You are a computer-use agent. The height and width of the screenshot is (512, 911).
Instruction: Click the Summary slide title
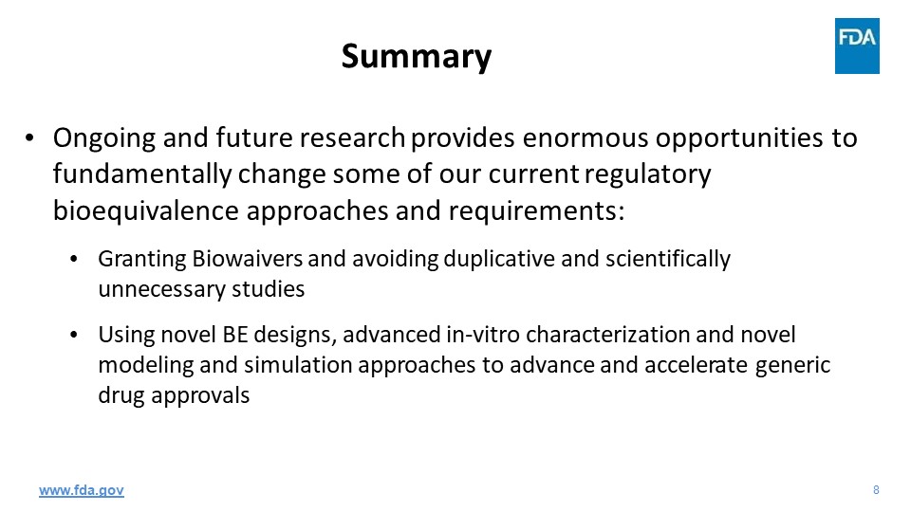click(416, 57)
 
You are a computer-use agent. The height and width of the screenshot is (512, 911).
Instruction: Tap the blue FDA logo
click(857, 46)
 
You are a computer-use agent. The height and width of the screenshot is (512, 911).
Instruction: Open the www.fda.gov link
click(82, 490)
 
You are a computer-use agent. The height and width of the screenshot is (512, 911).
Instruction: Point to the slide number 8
click(876, 490)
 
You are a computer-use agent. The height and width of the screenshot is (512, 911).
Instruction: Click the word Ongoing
click(104, 139)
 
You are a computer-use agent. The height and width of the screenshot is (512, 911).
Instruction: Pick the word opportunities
click(739, 139)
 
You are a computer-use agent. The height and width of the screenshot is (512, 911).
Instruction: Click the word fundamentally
click(142, 174)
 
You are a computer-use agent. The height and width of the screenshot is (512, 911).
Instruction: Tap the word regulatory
click(647, 174)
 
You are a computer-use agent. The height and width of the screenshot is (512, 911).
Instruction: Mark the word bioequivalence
click(146, 211)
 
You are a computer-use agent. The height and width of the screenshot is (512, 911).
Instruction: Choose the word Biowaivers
click(248, 259)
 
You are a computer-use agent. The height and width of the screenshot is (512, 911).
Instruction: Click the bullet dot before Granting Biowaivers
click(73, 260)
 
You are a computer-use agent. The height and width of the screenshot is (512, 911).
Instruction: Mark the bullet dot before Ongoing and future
click(29, 138)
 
